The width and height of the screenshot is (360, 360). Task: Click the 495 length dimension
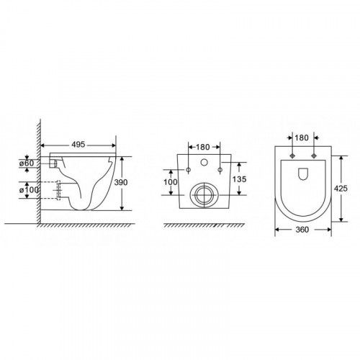78,145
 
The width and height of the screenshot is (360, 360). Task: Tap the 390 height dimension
121,182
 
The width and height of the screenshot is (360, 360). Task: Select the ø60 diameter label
27,163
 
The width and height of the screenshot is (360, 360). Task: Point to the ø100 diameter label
29,190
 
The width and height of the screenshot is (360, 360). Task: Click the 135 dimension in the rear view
239,179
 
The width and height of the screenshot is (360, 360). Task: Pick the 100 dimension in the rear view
171,182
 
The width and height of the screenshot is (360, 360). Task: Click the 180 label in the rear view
203,147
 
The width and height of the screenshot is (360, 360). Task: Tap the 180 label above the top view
302,138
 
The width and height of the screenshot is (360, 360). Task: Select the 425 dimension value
341,189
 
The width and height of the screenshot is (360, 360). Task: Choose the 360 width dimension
302,230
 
